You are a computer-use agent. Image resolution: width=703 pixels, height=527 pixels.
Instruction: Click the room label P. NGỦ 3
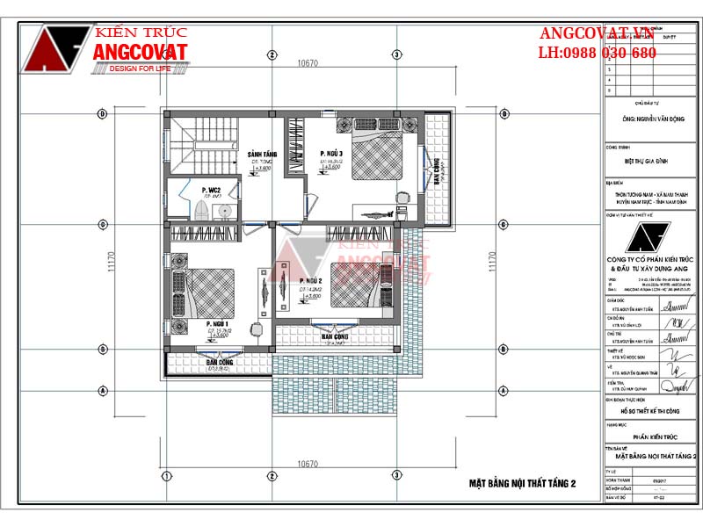330,154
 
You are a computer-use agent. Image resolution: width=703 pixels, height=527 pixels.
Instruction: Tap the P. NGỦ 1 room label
217,325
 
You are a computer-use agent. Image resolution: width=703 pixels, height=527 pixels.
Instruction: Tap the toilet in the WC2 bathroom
202,211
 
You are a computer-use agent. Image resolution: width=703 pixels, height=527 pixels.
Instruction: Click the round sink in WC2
225,210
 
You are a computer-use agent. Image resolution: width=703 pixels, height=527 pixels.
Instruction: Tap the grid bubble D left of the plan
102,113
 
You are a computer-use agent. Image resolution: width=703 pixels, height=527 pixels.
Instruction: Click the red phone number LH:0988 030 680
597,53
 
